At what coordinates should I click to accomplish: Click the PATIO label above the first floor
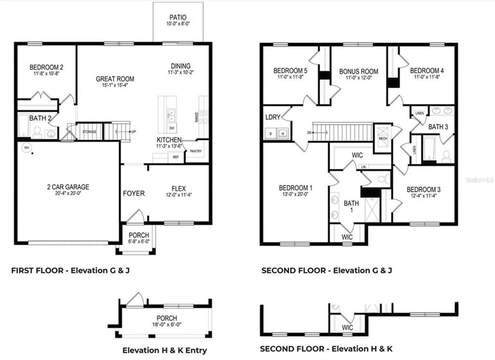[177, 17]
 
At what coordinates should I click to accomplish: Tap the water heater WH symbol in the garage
[26, 147]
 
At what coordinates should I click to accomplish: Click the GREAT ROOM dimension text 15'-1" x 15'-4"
[115, 86]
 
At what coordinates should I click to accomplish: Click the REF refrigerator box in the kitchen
[175, 157]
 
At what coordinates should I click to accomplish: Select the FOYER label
[134, 193]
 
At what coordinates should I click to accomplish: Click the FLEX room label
[178, 188]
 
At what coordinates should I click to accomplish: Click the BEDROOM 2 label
[46, 67]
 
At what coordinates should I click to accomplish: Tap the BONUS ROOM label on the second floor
[358, 71]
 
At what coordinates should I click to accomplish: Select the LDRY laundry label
[273, 117]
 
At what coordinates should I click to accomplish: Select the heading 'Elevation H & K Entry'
[164, 350]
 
